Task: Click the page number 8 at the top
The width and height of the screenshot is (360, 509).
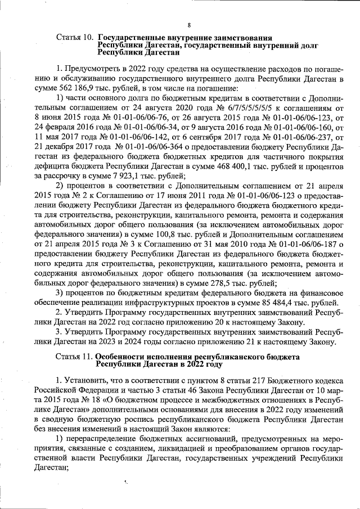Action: (190, 25)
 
